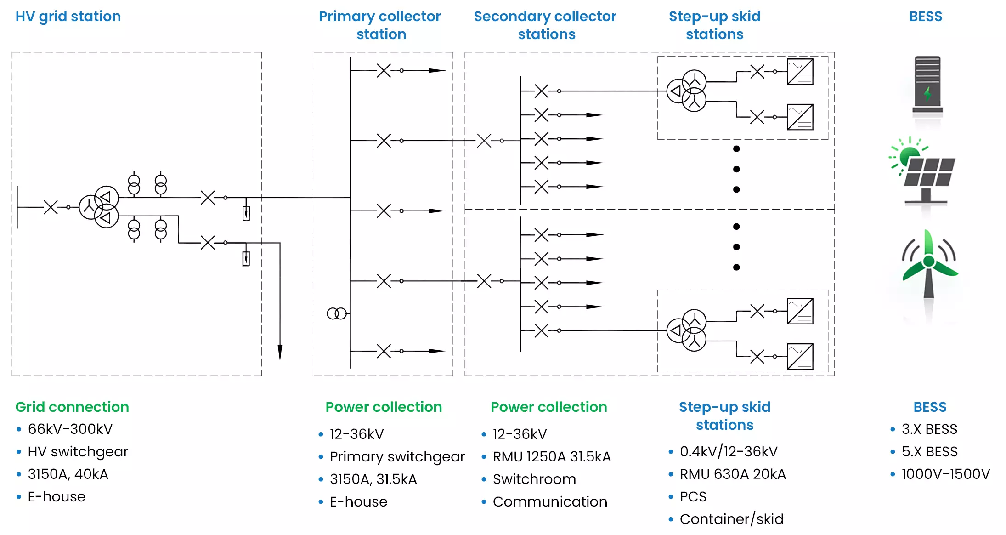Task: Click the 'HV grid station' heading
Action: pyautogui.click(x=68, y=17)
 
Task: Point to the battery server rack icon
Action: pyautogui.click(x=927, y=85)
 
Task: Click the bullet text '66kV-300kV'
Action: pyautogui.click(x=70, y=429)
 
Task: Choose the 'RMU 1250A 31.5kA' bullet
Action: pyautogui.click(x=551, y=456)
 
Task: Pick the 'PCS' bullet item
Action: pyautogui.click(x=693, y=496)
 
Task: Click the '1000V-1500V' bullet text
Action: pyautogui.click(x=945, y=474)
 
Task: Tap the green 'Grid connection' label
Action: pyautogui.click(x=72, y=407)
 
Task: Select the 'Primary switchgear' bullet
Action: pyautogui.click(x=397, y=456)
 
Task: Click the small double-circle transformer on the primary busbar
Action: pyautogui.click(x=336, y=313)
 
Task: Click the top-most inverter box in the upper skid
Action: pyautogui.click(x=800, y=72)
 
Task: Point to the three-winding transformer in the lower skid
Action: pyautogui.click(x=686, y=330)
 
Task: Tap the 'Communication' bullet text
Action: pyautogui.click(x=550, y=501)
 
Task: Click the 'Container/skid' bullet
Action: pyautogui.click(x=731, y=519)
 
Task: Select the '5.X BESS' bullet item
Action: pyautogui.click(x=929, y=451)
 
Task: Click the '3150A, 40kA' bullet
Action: pyautogui.click(x=68, y=474)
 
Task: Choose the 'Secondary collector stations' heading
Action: pyautogui.click(x=545, y=25)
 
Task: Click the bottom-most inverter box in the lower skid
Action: pyautogui.click(x=800, y=357)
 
